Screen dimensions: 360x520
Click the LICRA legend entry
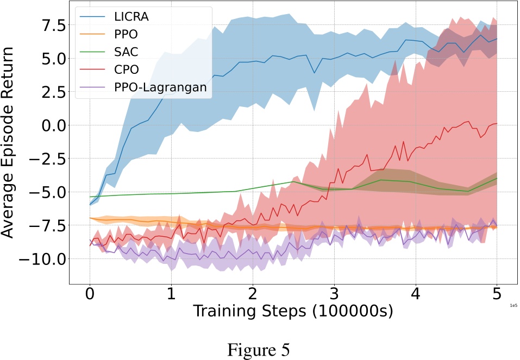pos(131,16)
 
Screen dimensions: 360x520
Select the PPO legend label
pos(126,34)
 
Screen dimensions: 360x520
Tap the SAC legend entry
pos(126,52)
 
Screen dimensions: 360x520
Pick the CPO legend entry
pos(126,70)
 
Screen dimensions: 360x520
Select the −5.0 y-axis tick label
pos(46,192)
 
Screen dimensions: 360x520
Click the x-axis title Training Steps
pos(293,312)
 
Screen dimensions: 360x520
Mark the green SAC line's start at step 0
pos(90,197)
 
